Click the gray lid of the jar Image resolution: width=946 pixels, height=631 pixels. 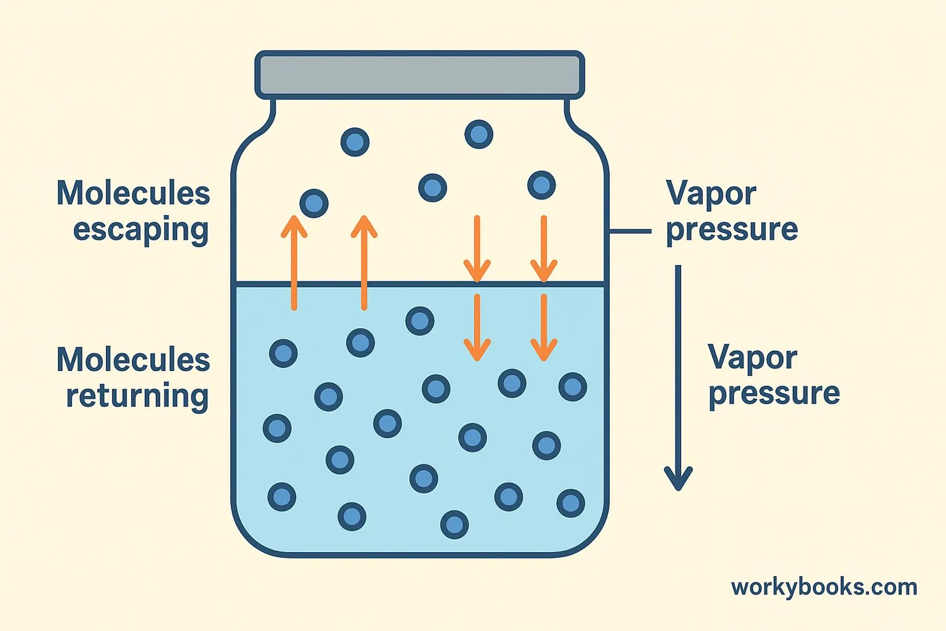click(419, 75)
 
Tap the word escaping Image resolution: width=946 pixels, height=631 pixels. click(141, 230)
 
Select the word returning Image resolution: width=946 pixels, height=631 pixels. click(137, 396)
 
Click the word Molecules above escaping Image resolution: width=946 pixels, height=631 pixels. click(133, 193)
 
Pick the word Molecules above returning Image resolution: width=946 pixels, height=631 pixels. click(133, 360)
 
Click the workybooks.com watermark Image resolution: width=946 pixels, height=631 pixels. click(824, 587)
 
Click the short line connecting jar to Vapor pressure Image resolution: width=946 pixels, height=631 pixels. click(629, 232)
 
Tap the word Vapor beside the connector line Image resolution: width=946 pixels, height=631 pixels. click(711, 193)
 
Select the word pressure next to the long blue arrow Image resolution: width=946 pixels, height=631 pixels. click(774, 393)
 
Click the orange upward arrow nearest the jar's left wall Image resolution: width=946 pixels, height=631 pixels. click(294, 262)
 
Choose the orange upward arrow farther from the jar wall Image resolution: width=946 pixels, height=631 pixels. click(364, 262)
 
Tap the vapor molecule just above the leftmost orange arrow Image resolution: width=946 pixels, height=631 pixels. click(314, 203)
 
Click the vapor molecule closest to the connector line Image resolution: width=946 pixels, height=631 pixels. click(541, 186)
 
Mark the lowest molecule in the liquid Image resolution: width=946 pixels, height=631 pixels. click(454, 524)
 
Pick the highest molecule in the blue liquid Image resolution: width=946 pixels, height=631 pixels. click(420, 321)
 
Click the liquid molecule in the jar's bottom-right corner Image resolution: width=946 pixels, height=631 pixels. click(571, 503)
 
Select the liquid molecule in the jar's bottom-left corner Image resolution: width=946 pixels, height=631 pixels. click(282, 497)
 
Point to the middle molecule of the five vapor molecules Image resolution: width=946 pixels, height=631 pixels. click(433, 187)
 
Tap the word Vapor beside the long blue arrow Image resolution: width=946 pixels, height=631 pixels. click(752, 358)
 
